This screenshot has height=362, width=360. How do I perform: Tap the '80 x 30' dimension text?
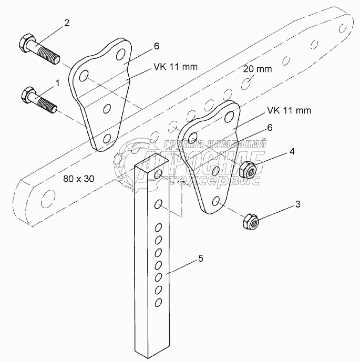79,179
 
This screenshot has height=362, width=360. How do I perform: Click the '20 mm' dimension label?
257,69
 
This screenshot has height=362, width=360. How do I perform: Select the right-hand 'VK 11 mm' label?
289,110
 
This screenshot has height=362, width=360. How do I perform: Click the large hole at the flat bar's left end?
46,199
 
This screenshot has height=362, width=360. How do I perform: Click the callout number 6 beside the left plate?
156,46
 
